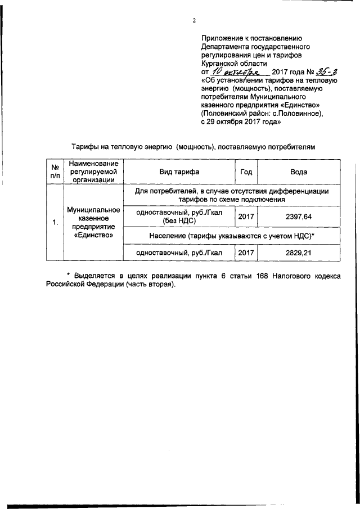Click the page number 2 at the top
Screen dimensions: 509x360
tap(194, 21)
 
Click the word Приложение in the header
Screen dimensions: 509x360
tap(223, 38)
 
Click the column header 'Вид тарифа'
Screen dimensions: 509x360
tap(178, 172)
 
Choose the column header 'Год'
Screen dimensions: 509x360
tap(246, 172)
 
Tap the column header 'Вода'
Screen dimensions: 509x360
tap(298, 172)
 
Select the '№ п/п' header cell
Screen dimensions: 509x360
tap(55, 172)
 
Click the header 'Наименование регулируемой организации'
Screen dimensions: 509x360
tap(92, 172)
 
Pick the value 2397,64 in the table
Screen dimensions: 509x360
tap(298, 217)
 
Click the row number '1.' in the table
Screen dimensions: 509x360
tap(55, 223)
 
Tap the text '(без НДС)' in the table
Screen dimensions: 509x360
tap(178, 221)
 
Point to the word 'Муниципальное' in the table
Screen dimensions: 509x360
tap(92, 210)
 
